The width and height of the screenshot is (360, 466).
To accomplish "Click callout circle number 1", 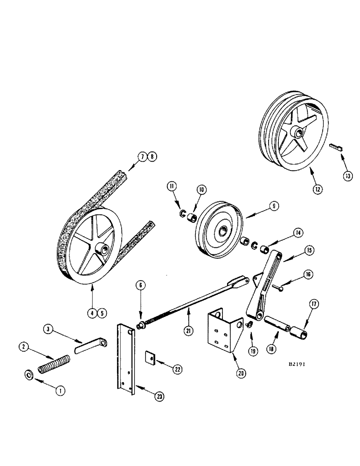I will tap(60, 391).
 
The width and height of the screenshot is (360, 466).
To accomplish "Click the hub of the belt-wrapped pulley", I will tap(99, 249).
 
